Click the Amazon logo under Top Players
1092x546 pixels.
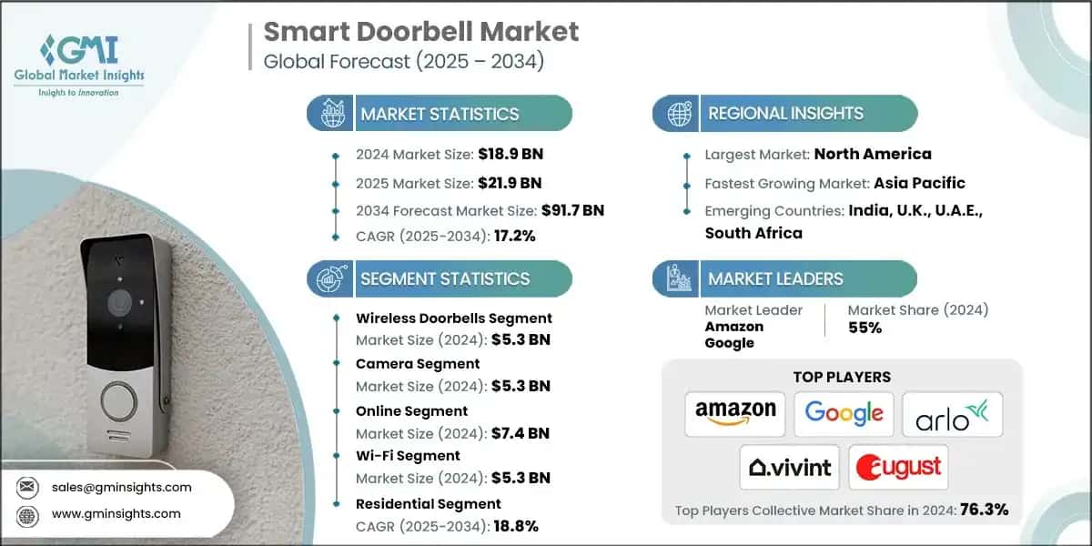pos(735,413)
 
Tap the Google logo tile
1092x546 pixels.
pos(844,413)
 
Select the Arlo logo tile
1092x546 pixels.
pos(952,414)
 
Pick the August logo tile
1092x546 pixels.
pos(898,467)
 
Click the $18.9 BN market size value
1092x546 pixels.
pos(511,154)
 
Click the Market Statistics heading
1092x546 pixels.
pos(440,114)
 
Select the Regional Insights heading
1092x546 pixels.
pos(785,114)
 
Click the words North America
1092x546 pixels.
pos(873,154)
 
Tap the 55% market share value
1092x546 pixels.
pos(864,328)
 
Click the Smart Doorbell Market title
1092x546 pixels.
pos(420,32)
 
